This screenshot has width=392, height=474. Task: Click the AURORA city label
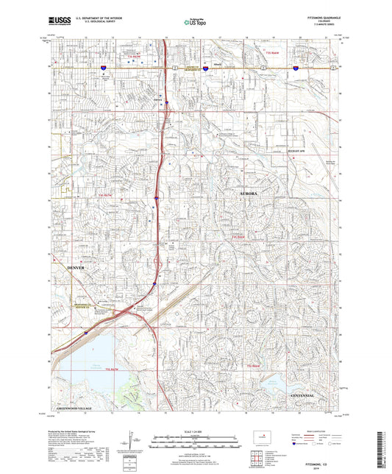coord(249,193)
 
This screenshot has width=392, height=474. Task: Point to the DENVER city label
coord(76,268)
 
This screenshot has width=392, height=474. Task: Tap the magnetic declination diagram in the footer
coord(138,440)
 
